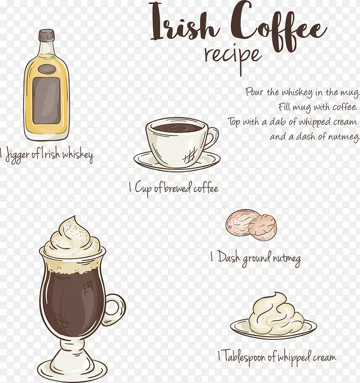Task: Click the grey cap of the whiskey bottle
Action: click(46, 35)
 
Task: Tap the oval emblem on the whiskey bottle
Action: click(46, 69)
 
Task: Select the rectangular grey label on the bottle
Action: click(46, 101)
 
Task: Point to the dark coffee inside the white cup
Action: click(177, 127)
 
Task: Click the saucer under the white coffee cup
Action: click(177, 161)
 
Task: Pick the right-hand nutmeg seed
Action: click(262, 227)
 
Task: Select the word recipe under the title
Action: click(233, 58)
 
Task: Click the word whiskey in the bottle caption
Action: click(78, 155)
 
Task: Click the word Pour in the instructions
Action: click(255, 91)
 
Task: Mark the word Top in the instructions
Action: click(234, 122)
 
